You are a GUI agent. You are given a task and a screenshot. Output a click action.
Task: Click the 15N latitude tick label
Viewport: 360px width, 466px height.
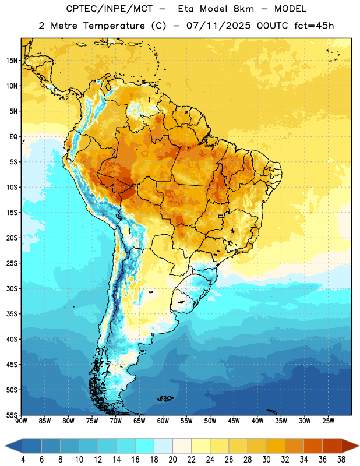pos(12,61)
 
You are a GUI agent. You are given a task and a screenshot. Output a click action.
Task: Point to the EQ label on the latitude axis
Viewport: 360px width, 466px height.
pos(13,137)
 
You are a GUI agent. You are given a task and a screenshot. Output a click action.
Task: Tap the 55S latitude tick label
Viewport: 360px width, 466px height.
pos(12,415)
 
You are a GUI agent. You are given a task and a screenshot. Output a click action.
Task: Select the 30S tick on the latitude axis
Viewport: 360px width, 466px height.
pos(12,288)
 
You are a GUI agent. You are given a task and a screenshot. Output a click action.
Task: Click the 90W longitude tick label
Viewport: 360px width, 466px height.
pos(21,421)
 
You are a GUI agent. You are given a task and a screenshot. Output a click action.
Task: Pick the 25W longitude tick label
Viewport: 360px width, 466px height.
pos(328,421)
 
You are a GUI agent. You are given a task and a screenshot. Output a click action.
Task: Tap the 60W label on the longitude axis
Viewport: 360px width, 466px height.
pos(163,421)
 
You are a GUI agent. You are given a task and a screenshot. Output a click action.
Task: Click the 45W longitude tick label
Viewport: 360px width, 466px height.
pos(234,421)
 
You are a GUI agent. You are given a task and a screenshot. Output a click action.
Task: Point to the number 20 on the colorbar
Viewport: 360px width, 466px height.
pos(172,460)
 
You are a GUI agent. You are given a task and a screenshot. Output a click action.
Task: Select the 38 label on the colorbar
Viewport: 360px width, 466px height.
pos(341,460)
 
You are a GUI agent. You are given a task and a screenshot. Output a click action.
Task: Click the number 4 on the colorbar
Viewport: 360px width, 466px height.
pos(23,460)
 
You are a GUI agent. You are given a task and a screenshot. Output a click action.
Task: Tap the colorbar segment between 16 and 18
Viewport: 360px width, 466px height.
pos(144,446)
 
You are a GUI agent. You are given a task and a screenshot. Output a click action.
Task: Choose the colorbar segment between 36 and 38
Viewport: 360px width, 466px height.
pos(332,446)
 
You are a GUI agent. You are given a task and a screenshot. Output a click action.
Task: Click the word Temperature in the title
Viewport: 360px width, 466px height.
pos(114,26)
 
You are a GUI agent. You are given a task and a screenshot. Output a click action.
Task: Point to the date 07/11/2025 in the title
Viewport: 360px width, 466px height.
pos(218,26)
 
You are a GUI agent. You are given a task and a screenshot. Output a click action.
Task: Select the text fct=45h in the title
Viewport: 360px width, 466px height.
pos(314,26)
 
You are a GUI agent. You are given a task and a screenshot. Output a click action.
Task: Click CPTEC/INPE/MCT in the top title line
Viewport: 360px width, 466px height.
pos(110,9)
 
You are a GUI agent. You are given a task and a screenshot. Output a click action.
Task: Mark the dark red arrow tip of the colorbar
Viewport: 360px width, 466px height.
pos(358,446)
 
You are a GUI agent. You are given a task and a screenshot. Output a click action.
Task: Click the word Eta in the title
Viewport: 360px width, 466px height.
pos(186,9)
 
